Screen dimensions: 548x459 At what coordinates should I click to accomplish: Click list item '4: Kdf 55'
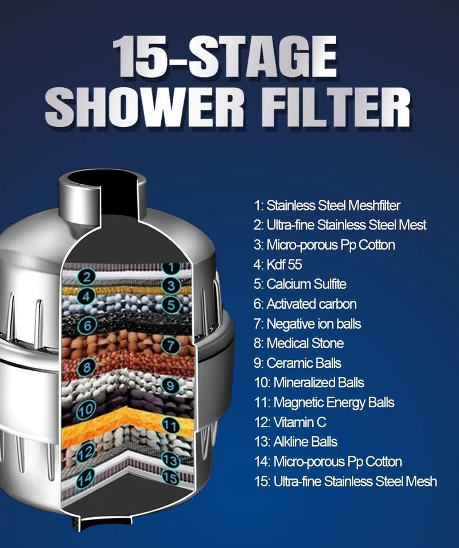(x=277, y=265)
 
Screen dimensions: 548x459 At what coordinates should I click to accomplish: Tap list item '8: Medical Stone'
(x=298, y=343)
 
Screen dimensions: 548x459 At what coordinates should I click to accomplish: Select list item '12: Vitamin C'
(x=290, y=422)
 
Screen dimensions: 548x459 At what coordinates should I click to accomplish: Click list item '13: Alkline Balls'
(x=295, y=442)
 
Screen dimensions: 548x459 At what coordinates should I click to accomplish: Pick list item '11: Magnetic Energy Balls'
(x=324, y=402)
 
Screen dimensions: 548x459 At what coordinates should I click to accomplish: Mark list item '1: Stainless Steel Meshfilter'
(x=326, y=205)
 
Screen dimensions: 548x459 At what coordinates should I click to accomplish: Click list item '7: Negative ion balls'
(x=307, y=324)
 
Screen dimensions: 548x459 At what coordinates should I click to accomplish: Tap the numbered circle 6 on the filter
(x=87, y=325)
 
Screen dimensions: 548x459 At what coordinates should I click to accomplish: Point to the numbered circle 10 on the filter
(x=85, y=410)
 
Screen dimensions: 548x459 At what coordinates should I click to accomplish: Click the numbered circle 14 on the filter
(x=85, y=476)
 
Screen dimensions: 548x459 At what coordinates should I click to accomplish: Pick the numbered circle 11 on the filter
(x=170, y=425)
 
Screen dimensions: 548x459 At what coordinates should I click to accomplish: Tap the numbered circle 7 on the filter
(x=170, y=345)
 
